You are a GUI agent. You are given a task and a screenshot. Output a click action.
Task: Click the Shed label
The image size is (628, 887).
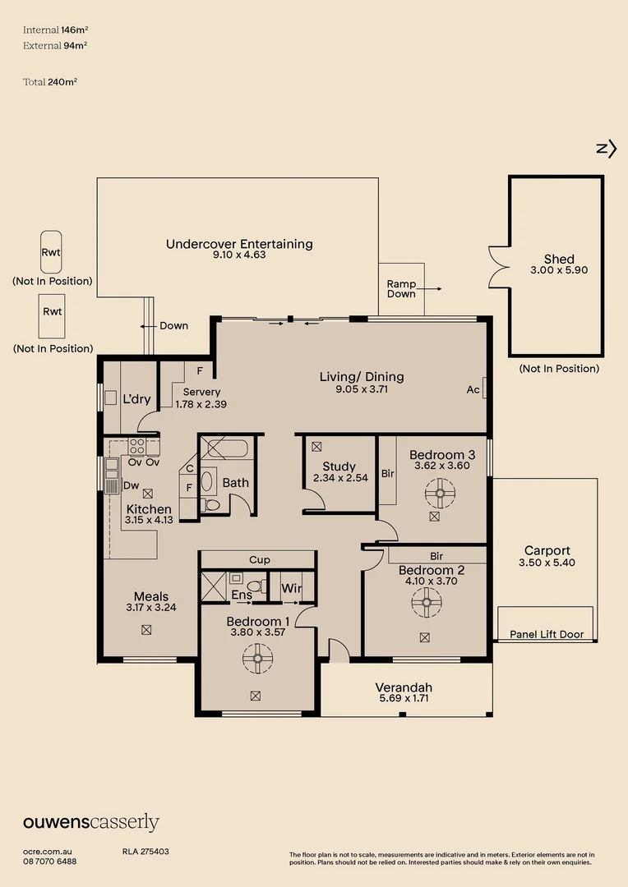pyautogui.click(x=559, y=259)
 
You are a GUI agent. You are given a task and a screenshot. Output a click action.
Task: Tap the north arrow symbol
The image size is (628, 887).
pyautogui.click(x=607, y=149)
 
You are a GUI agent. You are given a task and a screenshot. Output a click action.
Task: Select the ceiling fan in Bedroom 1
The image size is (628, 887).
pyautogui.click(x=257, y=659)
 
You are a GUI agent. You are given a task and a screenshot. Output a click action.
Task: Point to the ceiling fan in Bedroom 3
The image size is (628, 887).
pyautogui.click(x=440, y=494)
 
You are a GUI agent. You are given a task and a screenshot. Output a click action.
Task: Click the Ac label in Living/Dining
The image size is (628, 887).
pyautogui.click(x=473, y=389)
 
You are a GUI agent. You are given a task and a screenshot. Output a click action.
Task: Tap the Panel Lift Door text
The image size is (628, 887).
pyautogui.click(x=547, y=634)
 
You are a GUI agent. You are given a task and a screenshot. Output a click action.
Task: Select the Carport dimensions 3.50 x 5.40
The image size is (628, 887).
pyautogui.click(x=547, y=563)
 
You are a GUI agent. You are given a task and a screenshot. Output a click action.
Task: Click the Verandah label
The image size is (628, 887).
pyautogui.click(x=404, y=687)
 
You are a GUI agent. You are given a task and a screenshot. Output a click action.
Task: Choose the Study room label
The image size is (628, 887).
pyautogui.click(x=339, y=466)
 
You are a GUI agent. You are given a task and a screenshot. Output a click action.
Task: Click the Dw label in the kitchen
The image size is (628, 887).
pyautogui.click(x=131, y=485)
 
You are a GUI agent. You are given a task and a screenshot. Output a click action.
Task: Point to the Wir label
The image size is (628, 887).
pyautogui.click(x=291, y=588)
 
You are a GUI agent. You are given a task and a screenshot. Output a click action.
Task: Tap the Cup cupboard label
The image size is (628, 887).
pyautogui.click(x=260, y=559)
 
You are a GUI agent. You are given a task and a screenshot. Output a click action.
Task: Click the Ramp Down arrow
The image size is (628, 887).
pyautogui.click(x=432, y=288)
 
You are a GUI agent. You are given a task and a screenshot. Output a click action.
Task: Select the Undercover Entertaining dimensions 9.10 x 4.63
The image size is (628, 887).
pyautogui.click(x=239, y=255)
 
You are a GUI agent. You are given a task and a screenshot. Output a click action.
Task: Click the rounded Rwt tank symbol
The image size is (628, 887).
pyautogui.click(x=51, y=252)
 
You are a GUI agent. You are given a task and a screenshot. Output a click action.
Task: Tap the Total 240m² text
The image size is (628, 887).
pyautogui.click(x=50, y=82)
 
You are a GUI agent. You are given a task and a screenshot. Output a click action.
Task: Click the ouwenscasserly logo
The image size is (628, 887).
pyautogui.click(x=91, y=822)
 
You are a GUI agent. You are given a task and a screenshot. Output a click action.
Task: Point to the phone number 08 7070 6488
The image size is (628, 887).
pyautogui.click(x=50, y=862)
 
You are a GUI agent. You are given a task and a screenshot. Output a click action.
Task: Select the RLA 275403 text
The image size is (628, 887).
pyautogui.click(x=145, y=852)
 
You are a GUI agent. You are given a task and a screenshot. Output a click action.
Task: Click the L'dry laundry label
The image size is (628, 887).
pyautogui.click(x=136, y=399)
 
